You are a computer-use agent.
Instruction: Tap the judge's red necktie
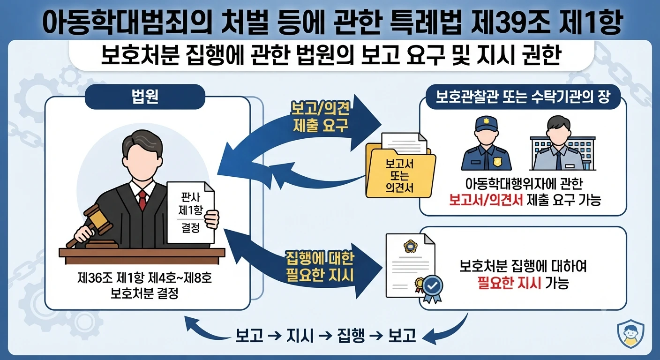pos(142,199)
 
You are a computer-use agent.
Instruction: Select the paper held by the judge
pos(191,212)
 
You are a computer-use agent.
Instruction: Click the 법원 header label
pos(145,97)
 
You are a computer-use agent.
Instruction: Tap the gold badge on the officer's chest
pos(497,161)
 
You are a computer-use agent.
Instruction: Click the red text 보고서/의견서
pos(486,200)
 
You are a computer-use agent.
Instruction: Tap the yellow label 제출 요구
pos(321,125)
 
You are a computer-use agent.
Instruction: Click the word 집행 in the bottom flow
pos(351,335)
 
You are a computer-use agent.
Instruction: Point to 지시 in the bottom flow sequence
pos(300,335)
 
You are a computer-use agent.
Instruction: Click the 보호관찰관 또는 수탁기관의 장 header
pos(523,97)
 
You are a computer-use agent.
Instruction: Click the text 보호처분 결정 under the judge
pos(144,293)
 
